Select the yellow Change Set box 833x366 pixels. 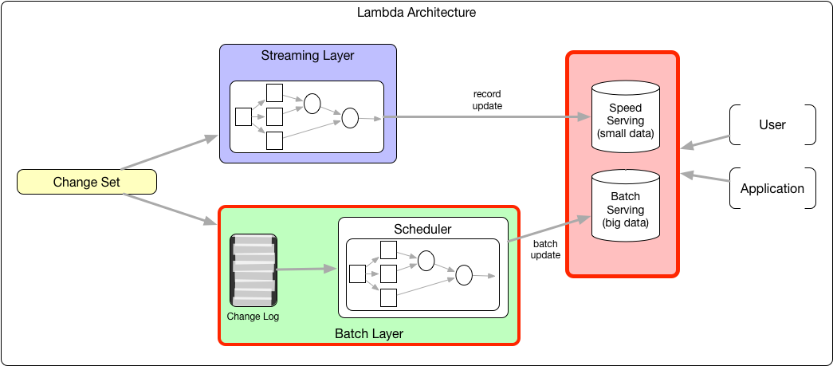pos(86,183)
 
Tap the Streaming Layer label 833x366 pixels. pos(308,56)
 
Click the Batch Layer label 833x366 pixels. pos(368,333)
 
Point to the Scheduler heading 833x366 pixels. pos(422,230)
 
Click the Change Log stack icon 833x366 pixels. pos(253,270)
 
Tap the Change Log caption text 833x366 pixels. pos(253,317)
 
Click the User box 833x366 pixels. pos(772,124)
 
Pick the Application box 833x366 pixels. pos(772,189)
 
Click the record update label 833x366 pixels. pos(487,100)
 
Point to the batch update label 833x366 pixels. pos(546,250)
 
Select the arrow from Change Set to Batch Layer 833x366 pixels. pos(172,209)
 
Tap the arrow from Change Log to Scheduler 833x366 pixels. pos(306,269)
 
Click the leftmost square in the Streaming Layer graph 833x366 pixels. pos(243,117)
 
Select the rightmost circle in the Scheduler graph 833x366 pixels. pos(464,275)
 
